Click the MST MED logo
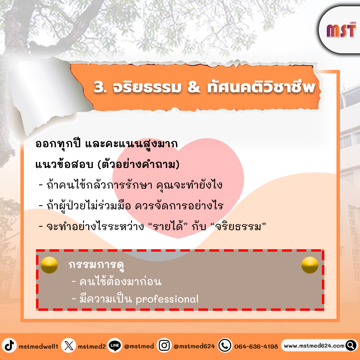pyautogui.click(x=341, y=30)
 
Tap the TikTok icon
pyautogui.click(x=9, y=345)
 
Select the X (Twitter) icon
pyautogui.click(x=69, y=345)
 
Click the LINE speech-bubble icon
pyautogui.click(x=115, y=345)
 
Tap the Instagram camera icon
pyautogui.click(x=164, y=345)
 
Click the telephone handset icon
pyautogui.click(x=225, y=345)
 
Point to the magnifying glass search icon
pyautogui.click(x=351, y=345)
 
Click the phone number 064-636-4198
pyautogui.click(x=256, y=346)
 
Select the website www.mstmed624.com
pyautogui.click(x=314, y=345)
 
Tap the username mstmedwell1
pyautogui.click(x=38, y=346)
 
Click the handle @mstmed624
pyautogui.click(x=194, y=346)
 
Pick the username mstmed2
pyautogui.click(x=92, y=346)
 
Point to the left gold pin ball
pyautogui.click(x=49, y=265)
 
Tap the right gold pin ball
pyautogui.click(x=310, y=265)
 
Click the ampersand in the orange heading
pyautogui.click(x=194, y=87)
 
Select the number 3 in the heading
pyautogui.click(x=99, y=87)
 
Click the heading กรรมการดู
pyautogui.click(x=96, y=265)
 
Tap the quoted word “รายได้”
pyautogui.click(x=168, y=227)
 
